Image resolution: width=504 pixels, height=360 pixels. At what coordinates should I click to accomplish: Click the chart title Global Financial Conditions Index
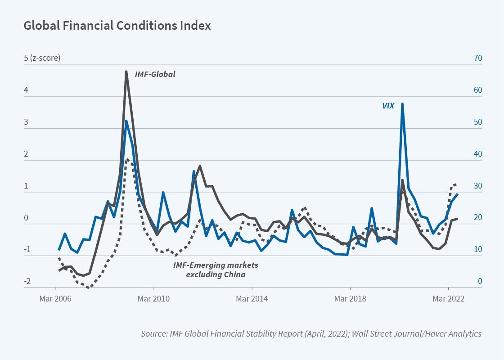(x=117, y=26)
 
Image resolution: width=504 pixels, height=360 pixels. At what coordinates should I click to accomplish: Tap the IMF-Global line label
(x=155, y=74)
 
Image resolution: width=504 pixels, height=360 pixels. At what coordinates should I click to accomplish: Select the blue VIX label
(x=388, y=106)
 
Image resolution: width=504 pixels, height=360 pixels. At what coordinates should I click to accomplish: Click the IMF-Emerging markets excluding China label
(x=216, y=270)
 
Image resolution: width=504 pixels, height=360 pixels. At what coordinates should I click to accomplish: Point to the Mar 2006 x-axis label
(x=55, y=298)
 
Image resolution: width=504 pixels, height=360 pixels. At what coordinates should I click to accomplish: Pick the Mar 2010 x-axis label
(x=153, y=298)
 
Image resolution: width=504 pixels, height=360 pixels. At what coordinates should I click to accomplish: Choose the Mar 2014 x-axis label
(x=252, y=298)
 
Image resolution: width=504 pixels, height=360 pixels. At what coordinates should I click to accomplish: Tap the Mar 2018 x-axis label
(x=350, y=298)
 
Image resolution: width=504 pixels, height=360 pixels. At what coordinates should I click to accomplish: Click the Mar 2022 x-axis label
(x=448, y=298)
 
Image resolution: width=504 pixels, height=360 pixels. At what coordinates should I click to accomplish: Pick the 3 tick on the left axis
(x=27, y=122)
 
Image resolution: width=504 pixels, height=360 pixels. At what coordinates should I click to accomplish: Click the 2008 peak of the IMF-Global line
(x=126, y=71)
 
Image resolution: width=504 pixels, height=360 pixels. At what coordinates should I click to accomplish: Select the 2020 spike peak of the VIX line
(x=402, y=103)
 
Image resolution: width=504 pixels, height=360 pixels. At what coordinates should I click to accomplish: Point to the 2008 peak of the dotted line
(x=128, y=159)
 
